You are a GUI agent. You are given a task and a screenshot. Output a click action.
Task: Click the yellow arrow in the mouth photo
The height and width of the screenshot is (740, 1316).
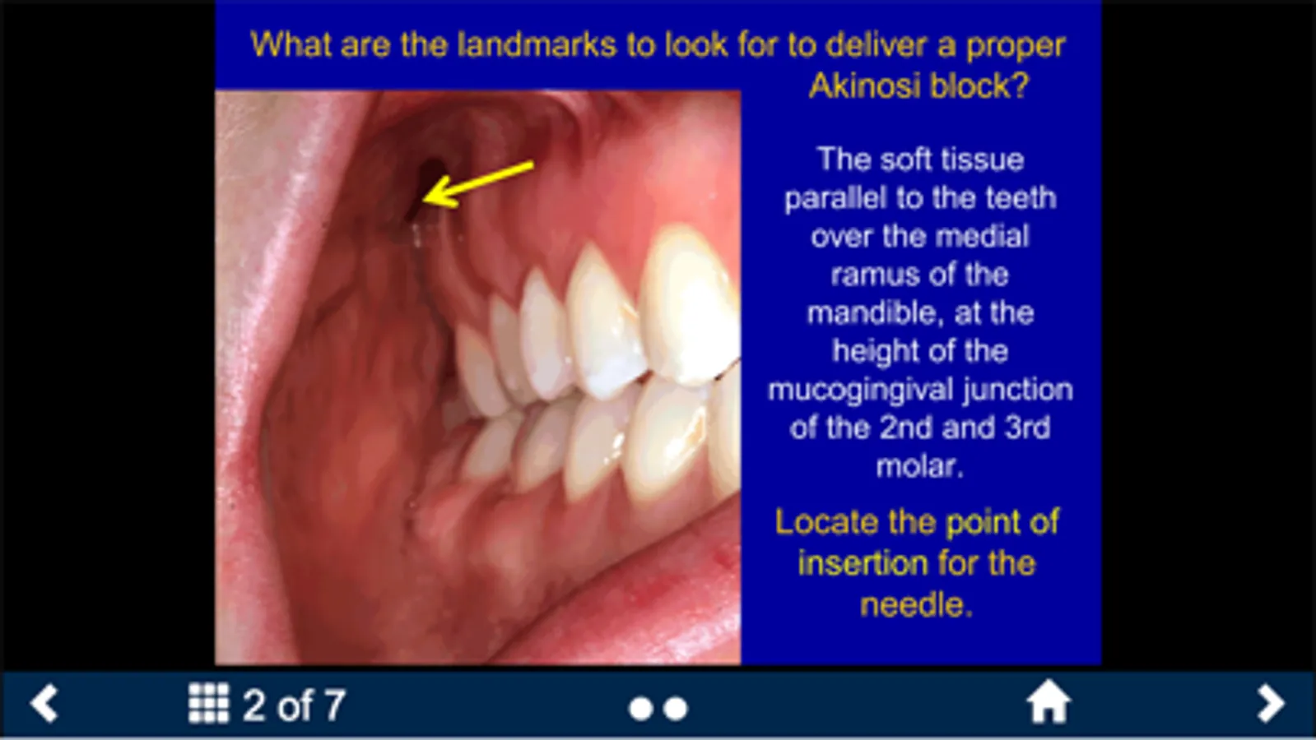(478, 184)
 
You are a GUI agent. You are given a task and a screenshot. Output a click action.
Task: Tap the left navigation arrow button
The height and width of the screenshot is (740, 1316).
(44, 702)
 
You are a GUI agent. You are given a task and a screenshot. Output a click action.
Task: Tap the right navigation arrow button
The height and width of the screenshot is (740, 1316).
(1270, 702)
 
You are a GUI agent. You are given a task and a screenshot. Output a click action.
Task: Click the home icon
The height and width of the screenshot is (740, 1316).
(1049, 701)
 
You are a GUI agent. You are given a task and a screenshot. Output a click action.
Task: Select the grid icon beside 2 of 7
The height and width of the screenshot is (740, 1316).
(208, 702)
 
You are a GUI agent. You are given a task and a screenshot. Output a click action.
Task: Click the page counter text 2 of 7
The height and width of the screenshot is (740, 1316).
(295, 705)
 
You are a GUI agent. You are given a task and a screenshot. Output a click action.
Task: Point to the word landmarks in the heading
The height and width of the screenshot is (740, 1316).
(537, 44)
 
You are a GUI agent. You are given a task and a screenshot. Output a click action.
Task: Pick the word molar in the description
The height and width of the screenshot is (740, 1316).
(919, 466)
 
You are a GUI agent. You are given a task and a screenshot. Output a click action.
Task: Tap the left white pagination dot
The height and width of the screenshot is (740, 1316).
(640, 709)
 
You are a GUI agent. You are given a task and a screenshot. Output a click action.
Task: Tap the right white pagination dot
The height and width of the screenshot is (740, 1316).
(676, 709)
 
